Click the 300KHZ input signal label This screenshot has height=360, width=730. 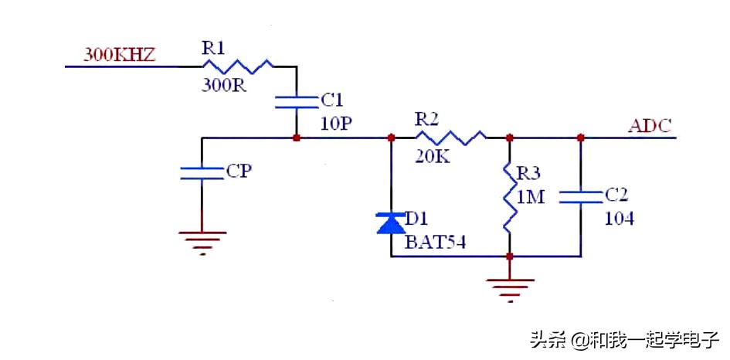point(120,56)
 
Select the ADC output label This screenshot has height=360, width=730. point(650,126)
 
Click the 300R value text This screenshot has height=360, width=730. point(224,85)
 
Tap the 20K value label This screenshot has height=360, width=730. point(431,158)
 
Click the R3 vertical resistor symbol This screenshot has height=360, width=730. point(509,197)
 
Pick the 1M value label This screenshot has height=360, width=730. point(531,197)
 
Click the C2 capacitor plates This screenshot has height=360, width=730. point(580,197)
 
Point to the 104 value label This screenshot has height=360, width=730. point(619,219)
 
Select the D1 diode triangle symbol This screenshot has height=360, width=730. point(391,223)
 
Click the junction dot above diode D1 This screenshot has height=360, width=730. point(391,138)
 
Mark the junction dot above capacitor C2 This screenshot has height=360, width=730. point(580,138)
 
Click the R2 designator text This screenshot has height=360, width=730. point(426,119)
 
